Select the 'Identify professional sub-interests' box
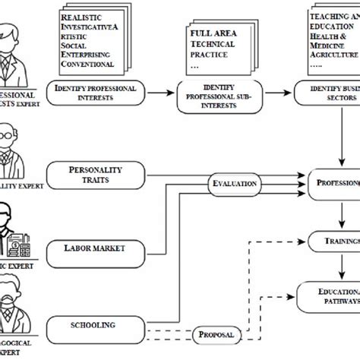[220, 98]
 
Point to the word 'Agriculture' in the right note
[335, 55]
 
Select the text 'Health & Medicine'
[335, 45]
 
